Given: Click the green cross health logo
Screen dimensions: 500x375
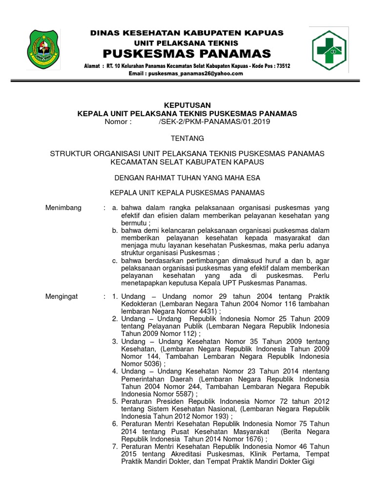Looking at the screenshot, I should [330, 50].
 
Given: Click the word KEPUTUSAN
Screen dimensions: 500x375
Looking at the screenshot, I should [187, 105].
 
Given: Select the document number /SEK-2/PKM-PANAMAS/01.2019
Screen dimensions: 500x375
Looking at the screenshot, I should [214, 122].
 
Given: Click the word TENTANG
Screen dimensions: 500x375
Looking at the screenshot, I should [187, 138].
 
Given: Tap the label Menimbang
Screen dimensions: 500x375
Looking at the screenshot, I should [63, 208].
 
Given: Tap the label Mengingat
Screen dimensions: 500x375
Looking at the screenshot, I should [62, 296].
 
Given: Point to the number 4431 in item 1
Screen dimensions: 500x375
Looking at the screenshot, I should [205, 311].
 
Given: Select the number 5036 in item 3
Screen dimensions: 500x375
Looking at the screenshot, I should [154, 364].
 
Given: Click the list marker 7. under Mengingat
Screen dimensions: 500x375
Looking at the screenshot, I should [115, 447].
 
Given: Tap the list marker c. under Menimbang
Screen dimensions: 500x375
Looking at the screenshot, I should [115, 261].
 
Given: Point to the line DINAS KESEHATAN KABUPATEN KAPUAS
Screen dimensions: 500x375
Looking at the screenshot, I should [187, 33].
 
